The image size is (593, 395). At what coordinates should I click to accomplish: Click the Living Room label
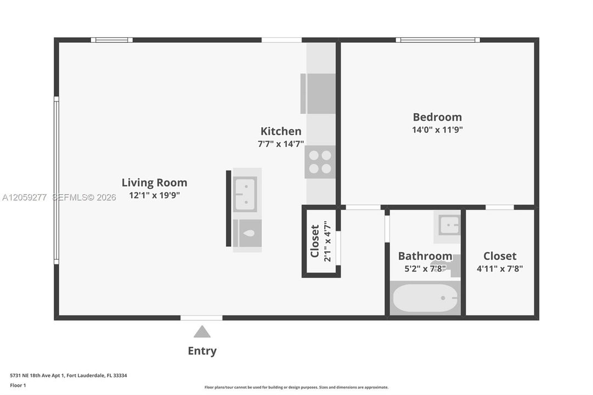pyautogui.click(x=154, y=182)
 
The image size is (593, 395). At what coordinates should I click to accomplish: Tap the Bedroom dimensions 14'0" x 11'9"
pyautogui.click(x=437, y=129)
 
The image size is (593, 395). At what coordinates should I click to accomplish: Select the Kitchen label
pyautogui.click(x=281, y=131)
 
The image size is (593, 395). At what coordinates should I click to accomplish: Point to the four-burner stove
pyautogui.click(x=320, y=161)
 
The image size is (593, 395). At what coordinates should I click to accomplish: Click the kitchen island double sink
pyautogui.click(x=245, y=194)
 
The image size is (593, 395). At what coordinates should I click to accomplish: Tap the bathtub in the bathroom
pyautogui.click(x=425, y=298)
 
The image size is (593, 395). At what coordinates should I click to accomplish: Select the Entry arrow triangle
pyautogui.click(x=202, y=331)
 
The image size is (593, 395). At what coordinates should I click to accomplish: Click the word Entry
pyautogui.click(x=202, y=351)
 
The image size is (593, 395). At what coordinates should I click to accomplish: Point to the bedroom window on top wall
pyautogui.click(x=438, y=39)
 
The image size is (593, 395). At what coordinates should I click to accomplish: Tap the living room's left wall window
pyautogui.click(x=57, y=180)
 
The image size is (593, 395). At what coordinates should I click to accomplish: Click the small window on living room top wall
pyautogui.click(x=112, y=39)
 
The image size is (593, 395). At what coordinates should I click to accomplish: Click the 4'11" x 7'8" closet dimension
pyautogui.click(x=500, y=269)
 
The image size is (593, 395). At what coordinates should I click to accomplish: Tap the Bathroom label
pyautogui.click(x=425, y=256)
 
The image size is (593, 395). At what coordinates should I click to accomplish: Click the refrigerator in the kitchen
pyautogui.click(x=318, y=93)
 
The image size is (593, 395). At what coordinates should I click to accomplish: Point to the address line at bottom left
pyautogui.click(x=69, y=375)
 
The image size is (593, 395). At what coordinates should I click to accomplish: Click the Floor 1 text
pyautogui.click(x=18, y=385)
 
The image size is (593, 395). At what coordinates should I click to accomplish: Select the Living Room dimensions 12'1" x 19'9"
pyautogui.click(x=154, y=195)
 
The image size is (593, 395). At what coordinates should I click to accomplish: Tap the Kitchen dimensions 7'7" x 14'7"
pyautogui.click(x=281, y=144)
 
